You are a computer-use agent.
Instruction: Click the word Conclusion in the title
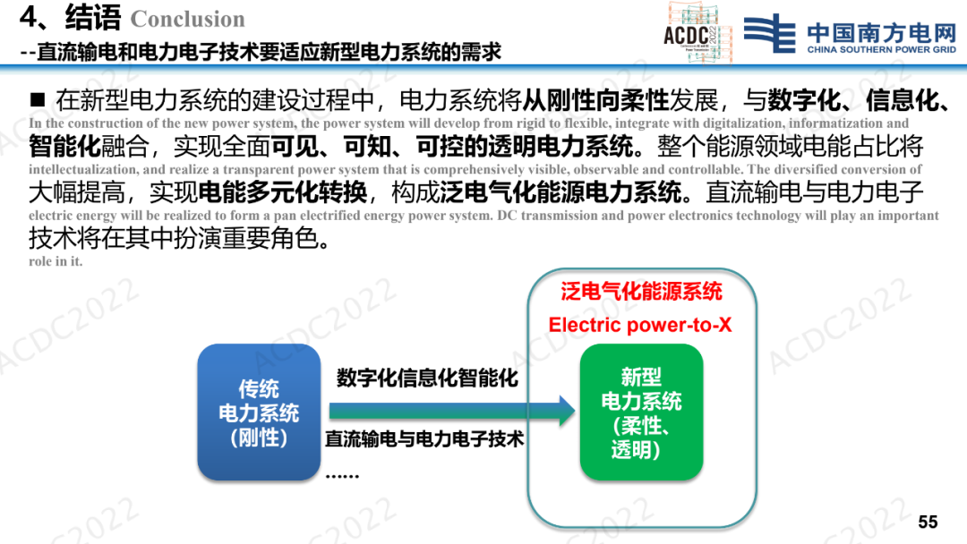point(188,19)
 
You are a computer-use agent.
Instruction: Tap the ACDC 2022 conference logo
point(697,32)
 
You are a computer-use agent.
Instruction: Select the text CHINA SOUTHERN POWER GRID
point(881,49)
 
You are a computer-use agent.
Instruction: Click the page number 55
point(928,522)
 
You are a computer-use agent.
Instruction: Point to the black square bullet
point(38,100)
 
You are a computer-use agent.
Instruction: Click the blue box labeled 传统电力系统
point(259,412)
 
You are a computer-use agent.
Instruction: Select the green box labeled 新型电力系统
point(641,412)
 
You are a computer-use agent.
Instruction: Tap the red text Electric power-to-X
point(640,325)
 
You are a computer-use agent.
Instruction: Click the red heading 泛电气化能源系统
point(641,292)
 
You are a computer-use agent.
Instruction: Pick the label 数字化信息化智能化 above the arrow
point(427,378)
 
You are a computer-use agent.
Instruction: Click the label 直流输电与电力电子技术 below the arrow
point(424,438)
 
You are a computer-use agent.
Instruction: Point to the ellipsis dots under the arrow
point(342,476)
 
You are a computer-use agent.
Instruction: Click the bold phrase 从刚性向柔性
point(595,100)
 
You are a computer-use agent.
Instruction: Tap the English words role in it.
point(56,261)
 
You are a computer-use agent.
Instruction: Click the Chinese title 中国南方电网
point(881,32)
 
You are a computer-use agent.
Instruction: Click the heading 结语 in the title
point(93,17)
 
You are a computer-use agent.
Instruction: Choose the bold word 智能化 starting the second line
point(64,146)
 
